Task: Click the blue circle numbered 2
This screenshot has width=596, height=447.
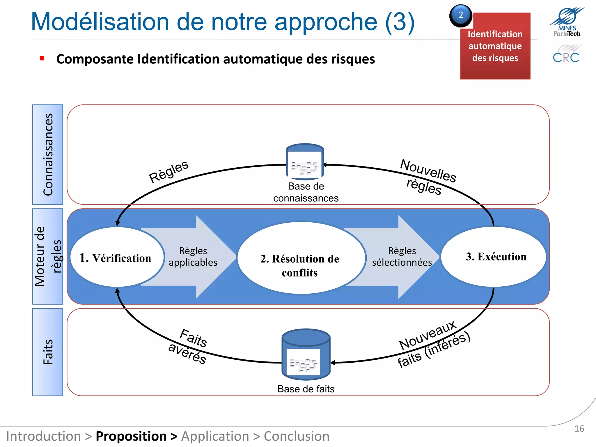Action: pos(461,16)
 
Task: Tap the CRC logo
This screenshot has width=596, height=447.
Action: pos(566,54)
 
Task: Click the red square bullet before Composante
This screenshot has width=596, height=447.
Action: pos(42,58)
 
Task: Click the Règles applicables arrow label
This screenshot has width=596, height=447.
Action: pos(193,257)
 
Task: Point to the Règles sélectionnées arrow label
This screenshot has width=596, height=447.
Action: pos(402,257)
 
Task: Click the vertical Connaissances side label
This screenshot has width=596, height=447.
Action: pos(48,155)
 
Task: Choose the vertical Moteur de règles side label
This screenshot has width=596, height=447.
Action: pos(48,256)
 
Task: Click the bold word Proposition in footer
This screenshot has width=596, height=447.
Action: pos(131,436)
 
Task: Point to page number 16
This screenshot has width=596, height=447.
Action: pos(579,429)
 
